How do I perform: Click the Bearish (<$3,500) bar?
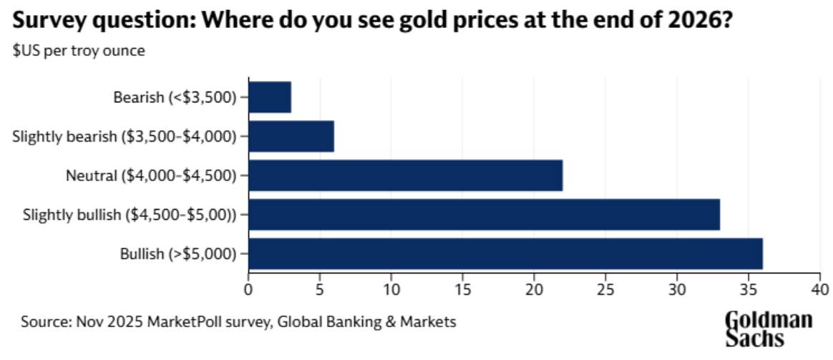[x=270, y=97]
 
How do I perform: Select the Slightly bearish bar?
[x=291, y=136]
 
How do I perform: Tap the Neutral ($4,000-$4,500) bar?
[x=405, y=175]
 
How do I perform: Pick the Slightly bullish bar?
[x=484, y=214]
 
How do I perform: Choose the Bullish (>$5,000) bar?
[x=505, y=253]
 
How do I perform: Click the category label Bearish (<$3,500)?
[x=175, y=97]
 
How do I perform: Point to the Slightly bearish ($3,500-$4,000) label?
[x=125, y=136]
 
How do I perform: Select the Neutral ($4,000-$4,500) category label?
[x=151, y=175]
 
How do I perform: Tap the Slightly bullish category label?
[x=130, y=214]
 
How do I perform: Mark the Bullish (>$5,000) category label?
[x=179, y=253]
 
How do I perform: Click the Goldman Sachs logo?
[x=769, y=329]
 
